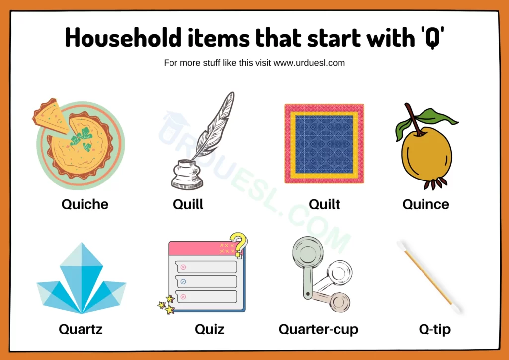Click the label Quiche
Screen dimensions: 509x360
click(85, 204)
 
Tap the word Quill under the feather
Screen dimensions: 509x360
click(188, 204)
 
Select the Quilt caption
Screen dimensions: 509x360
click(324, 204)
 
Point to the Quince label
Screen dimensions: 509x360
click(425, 204)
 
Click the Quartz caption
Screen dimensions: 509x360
click(81, 329)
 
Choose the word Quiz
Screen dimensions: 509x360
click(209, 329)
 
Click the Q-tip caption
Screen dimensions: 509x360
click(434, 329)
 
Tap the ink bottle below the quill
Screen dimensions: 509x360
click(187, 175)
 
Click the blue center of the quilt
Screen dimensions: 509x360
click(324, 144)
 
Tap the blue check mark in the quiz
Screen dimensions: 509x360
click(183, 282)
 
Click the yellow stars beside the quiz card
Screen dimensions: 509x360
click(167, 304)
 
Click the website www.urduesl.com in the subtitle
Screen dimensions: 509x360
click(309, 63)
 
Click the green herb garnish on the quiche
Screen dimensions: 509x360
click(82, 138)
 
